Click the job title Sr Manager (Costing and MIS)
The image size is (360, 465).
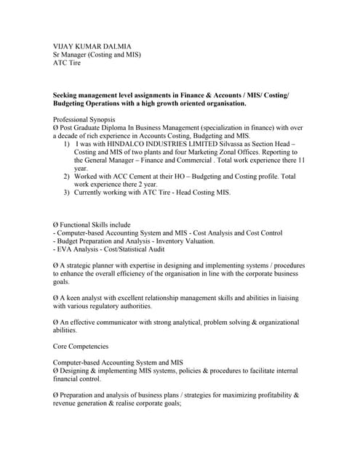pyautogui.click(x=97, y=54)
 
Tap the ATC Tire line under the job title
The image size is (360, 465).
pyautogui.click(x=67, y=63)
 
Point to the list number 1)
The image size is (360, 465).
pyautogui.click(x=66, y=145)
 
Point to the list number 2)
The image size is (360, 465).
pyautogui.click(x=66, y=177)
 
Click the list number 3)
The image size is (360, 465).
pyautogui.click(x=66, y=193)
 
